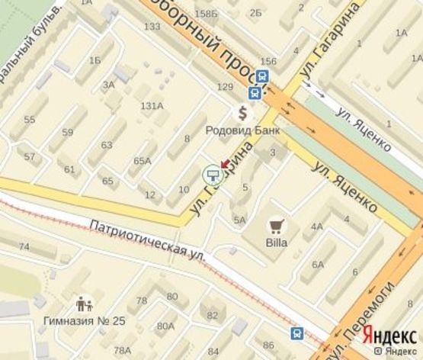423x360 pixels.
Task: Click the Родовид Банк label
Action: coord(242,130)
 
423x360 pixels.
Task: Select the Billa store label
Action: coord(276,243)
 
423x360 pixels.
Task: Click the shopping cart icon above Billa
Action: coord(276,226)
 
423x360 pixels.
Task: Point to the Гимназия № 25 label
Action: coord(84,320)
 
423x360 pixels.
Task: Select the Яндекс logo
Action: coord(389,335)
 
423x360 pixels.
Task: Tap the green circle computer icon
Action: coord(212,176)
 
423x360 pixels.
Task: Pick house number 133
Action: coord(152,27)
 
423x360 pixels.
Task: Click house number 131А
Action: coord(152,105)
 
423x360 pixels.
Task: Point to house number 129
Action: coord(224,88)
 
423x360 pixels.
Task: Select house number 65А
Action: coord(143,161)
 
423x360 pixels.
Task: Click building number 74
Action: coord(24,247)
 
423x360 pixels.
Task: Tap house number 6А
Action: coord(317,265)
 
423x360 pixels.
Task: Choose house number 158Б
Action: coord(206,14)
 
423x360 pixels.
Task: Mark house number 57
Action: coord(30,157)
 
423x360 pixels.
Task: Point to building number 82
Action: coord(213,316)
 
